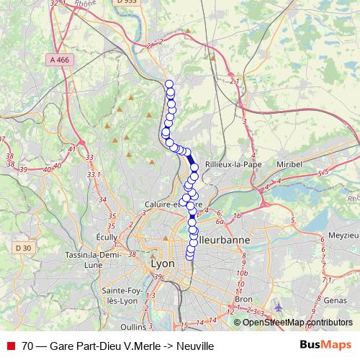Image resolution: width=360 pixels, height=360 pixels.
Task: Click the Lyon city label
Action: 163,264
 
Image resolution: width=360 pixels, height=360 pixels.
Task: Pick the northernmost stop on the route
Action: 169,84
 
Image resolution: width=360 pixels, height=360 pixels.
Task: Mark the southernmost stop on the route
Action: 190,255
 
